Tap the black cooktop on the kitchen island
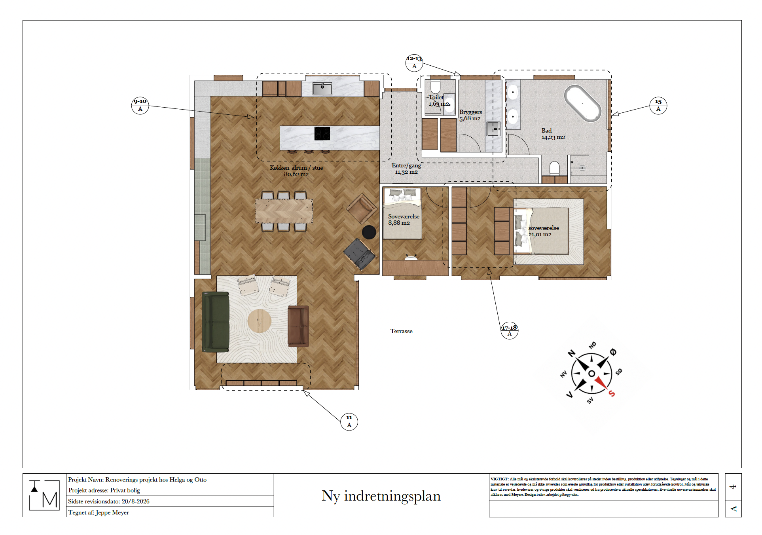click(322, 134)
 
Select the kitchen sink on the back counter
click(322, 88)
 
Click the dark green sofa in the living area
click(216, 322)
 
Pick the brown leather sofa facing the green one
click(298, 326)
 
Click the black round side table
click(369, 232)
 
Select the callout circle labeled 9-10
click(140, 105)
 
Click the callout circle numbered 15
click(658, 105)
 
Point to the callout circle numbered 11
click(349, 421)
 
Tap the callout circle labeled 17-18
click(510, 330)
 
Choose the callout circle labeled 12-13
click(414, 63)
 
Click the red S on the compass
click(612, 393)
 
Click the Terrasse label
click(401, 331)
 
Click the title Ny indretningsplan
click(381, 496)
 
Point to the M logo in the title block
click(45, 495)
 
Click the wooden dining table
click(284, 211)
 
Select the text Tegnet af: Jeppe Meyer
click(99, 512)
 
